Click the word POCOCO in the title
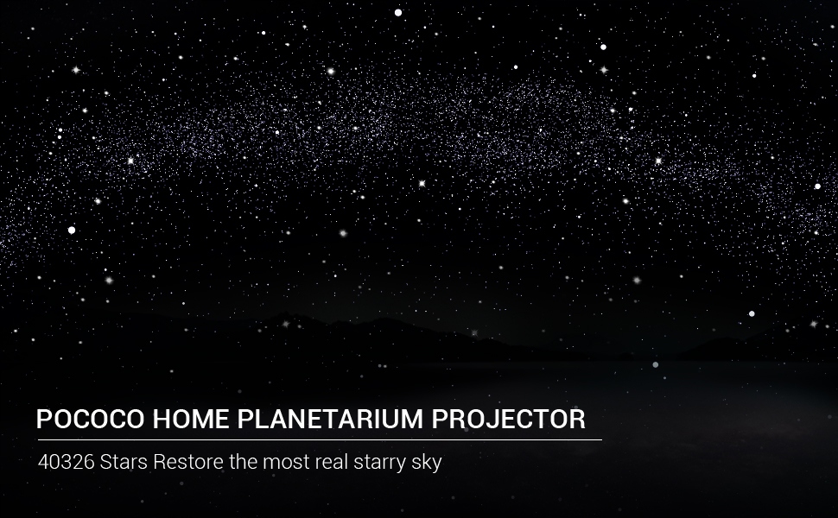tap(91, 420)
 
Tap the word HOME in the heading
tap(191, 420)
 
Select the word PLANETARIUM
tap(330, 420)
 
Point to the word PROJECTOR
tap(508, 420)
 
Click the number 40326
tap(67, 462)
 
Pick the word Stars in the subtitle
tap(124, 462)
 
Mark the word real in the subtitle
tap(332, 462)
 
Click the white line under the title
tap(320, 440)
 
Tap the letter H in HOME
tap(162, 420)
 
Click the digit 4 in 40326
tap(43, 462)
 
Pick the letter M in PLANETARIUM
tap(411, 420)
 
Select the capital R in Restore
tap(159, 462)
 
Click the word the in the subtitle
tap(243, 462)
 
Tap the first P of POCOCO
tap(44, 420)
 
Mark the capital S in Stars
tap(105, 462)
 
